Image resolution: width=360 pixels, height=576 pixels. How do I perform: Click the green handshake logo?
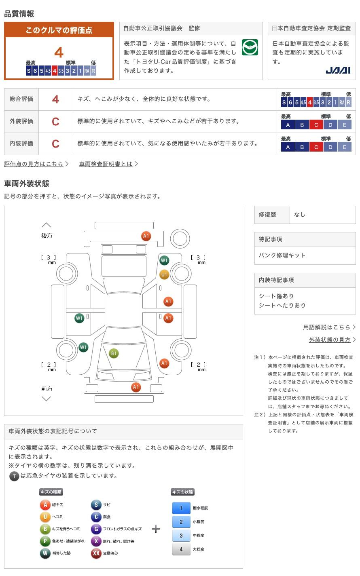(250, 47)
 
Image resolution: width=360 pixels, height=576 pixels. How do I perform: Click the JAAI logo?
(338, 70)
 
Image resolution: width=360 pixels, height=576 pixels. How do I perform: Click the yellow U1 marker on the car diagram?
(164, 274)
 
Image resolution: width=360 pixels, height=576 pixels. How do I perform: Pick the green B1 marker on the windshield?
(114, 354)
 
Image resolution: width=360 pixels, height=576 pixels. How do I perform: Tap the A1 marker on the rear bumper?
(146, 236)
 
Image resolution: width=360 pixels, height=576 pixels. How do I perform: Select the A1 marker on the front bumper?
(136, 387)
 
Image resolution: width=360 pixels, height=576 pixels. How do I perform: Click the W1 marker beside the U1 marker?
(164, 260)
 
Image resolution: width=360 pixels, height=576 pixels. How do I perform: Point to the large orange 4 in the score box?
(59, 53)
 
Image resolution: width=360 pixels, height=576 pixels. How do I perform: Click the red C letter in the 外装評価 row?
(55, 121)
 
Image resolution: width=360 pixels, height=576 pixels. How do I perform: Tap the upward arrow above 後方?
(47, 225)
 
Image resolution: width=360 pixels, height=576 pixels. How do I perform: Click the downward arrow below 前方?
(47, 399)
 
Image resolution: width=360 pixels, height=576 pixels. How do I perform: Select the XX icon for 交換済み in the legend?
(96, 553)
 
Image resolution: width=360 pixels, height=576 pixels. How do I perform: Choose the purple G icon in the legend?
(96, 529)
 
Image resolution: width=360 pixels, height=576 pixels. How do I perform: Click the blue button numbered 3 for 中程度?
(181, 535)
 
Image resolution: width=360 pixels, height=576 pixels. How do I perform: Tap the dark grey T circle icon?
(14, 476)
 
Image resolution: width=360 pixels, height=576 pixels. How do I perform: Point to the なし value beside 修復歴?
(300, 215)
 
